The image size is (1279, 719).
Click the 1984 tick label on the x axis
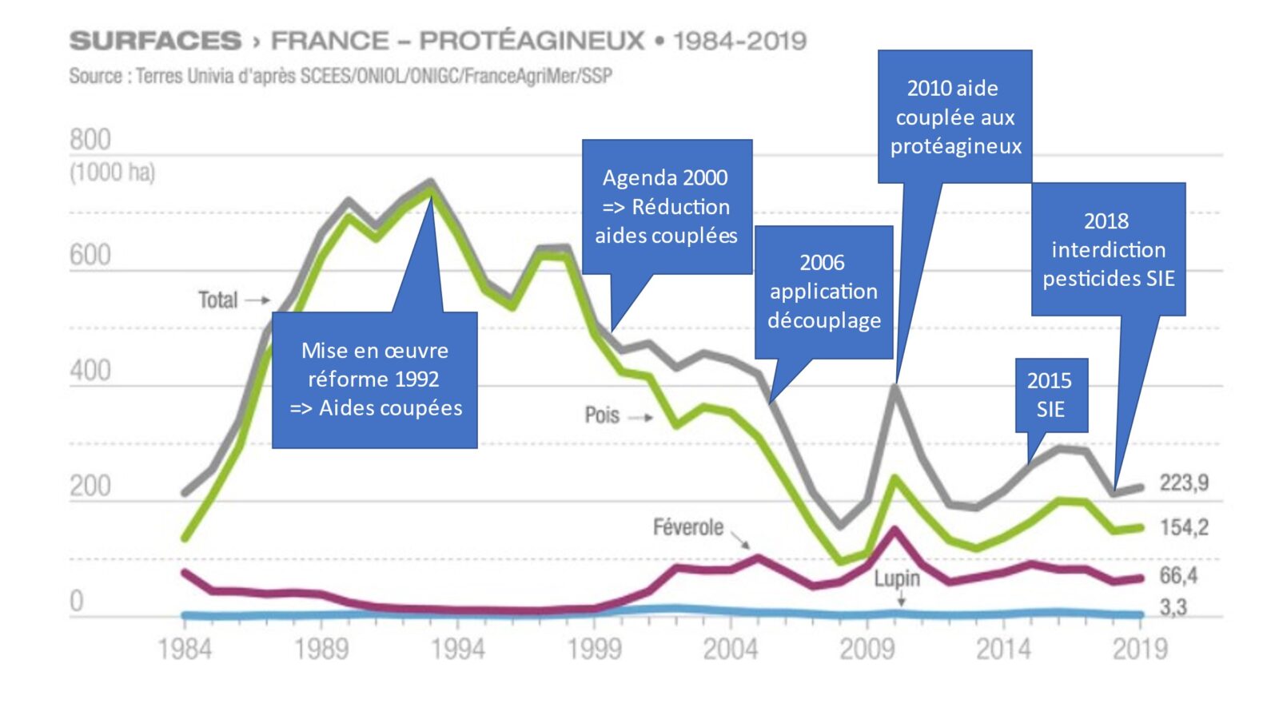pyautogui.click(x=185, y=649)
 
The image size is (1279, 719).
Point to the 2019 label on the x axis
pyautogui.click(x=1140, y=649)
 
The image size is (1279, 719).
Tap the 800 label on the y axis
pyautogui.click(x=90, y=140)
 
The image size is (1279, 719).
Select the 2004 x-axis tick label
pyautogui.click(x=730, y=649)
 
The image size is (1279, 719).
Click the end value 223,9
pyautogui.click(x=1184, y=483)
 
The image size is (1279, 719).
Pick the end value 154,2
pyautogui.click(x=1184, y=527)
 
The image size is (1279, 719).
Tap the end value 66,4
pyautogui.click(x=1178, y=575)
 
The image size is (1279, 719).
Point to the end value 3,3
pyautogui.click(x=1173, y=607)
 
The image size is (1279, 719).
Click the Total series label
pyautogui.click(x=217, y=300)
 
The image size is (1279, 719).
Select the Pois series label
pyautogui.click(x=602, y=415)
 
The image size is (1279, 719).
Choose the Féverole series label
pyautogui.click(x=687, y=527)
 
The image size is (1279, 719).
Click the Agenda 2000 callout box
pyautogui.click(x=667, y=207)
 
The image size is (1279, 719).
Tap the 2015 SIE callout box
pyautogui.click(x=1050, y=395)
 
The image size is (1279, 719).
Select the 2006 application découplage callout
pyautogui.click(x=823, y=292)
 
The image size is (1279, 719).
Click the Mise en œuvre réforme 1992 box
pyautogui.click(x=374, y=379)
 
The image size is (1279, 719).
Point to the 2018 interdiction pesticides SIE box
pyautogui.click(x=1108, y=249)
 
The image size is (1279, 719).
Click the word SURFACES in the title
pyautogui.click(x=155, y=41)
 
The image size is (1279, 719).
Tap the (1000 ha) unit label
pyautogui.click(x=112, y=173)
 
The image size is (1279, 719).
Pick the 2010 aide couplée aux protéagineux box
pyautogui.click(x=954, y=117)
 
